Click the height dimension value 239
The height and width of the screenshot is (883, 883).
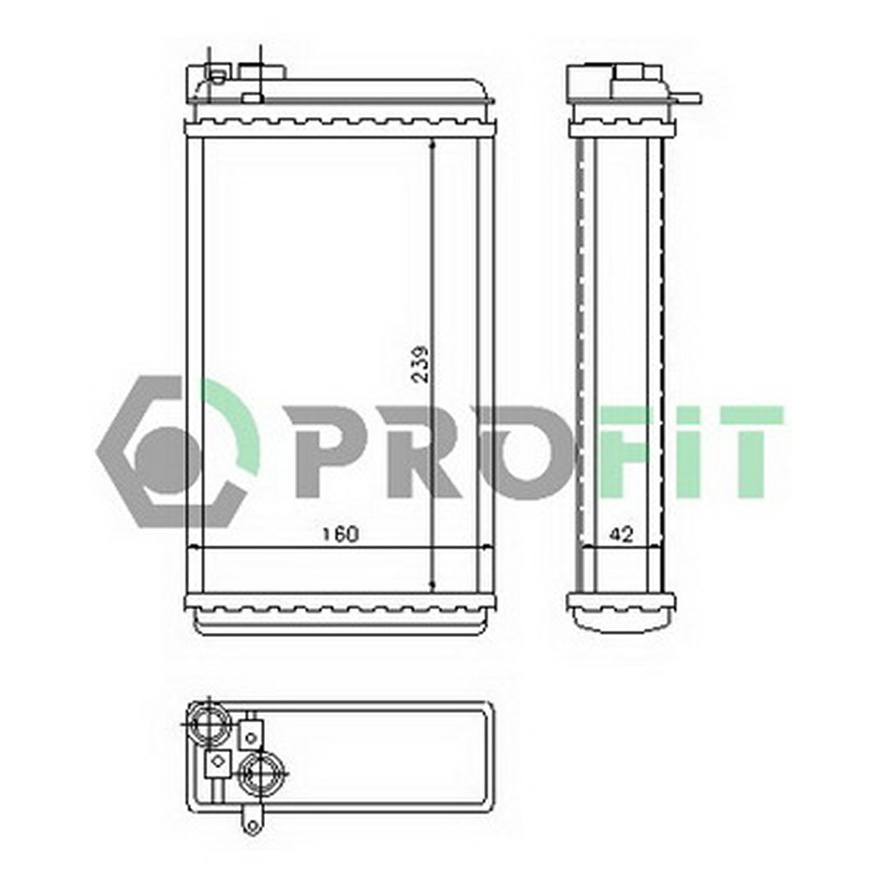(421, 364)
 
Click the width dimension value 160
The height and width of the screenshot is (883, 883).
(339, 535)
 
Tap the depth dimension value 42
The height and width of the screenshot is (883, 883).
(623, 533)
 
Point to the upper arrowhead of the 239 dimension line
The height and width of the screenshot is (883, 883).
(432, 146)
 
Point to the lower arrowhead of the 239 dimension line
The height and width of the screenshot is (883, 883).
(432, 586)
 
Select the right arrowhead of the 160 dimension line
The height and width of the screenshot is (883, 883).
(488, 547)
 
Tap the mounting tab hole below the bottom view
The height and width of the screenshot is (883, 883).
(251, 826)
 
